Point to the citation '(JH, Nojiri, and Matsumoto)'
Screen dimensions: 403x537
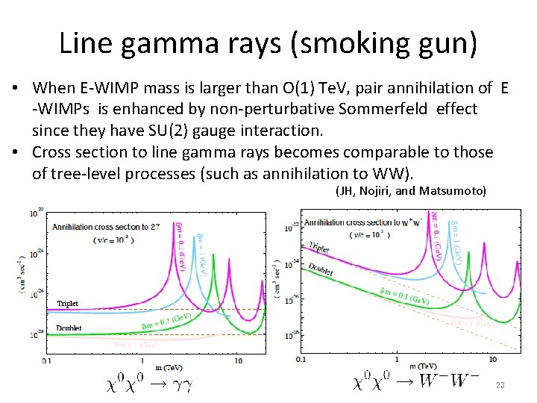pos(411,191)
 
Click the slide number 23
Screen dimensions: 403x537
pos(500,385)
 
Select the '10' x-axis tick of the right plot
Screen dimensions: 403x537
pos(492,360)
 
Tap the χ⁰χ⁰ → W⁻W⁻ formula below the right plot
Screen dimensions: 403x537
pos(415,384)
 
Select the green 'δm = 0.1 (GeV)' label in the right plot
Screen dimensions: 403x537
pos(399,299)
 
